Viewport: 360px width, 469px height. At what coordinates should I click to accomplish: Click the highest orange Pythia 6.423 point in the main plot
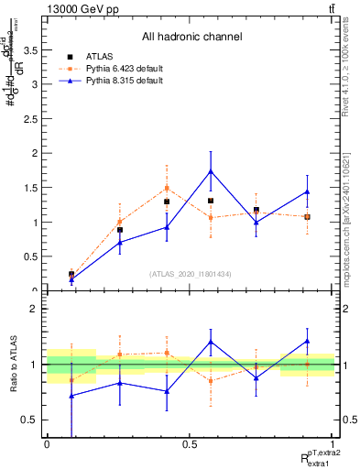166,188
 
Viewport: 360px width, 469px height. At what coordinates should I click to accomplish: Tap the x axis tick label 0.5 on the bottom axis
191,443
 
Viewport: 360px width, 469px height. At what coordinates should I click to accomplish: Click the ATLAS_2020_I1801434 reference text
191,274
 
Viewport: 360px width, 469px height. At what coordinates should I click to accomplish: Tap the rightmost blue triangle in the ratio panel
307,341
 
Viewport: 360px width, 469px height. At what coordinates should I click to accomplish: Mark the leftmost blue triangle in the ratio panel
71,396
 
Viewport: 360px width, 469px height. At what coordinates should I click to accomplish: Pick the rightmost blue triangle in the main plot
307,191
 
